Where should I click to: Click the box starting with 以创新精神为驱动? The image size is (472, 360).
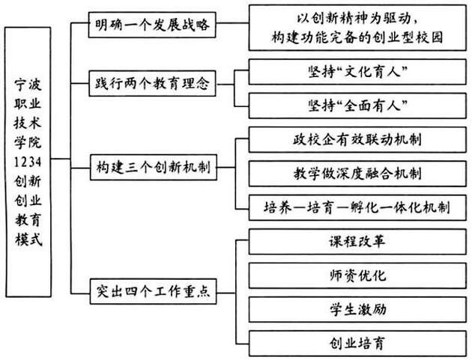point(357,26)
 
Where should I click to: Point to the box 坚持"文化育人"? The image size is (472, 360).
point(357,73)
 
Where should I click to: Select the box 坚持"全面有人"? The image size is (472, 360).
point(357,105)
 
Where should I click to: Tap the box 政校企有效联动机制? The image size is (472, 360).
point(357,139)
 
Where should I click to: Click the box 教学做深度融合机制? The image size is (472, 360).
point(357,174)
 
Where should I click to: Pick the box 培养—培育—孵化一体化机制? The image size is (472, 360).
point(357,207)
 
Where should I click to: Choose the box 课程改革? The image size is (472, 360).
point(357,242)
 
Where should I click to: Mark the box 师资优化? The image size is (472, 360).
point(357,275)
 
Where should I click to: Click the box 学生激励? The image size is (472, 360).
point(357,309)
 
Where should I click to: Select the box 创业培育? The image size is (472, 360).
point(357,344)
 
